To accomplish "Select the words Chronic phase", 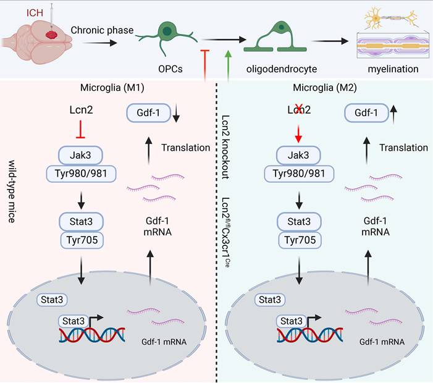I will [99, 30].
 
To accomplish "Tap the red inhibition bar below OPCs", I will [205, 64].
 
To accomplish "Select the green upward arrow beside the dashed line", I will [229, 64].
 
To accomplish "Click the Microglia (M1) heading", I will [112, 88].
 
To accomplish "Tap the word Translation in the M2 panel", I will [404, 148].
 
